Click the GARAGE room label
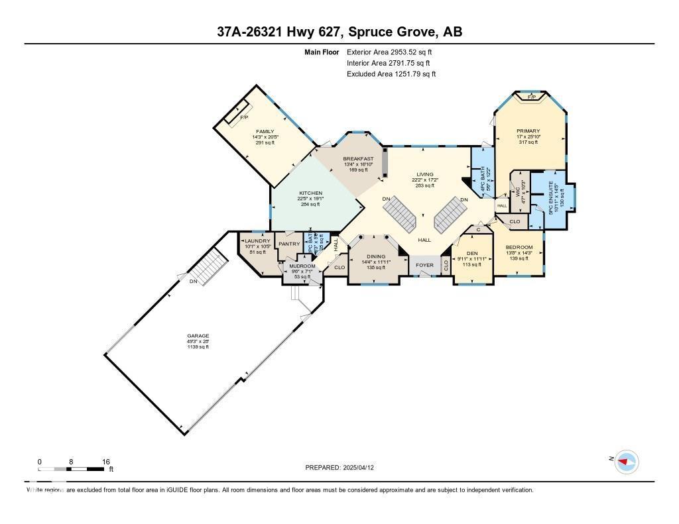[x=198, y=336]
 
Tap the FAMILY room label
[x=265, y=131]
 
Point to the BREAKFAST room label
[x=358, y=159]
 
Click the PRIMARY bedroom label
[x=528, y=131]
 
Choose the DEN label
[x=472, y=253]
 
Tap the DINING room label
[x=375, y=256]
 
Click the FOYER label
[x=424, y=266]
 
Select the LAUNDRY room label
[x=257, y=241]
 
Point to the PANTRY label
[x=289, y=244]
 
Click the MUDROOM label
[x=302, y=266]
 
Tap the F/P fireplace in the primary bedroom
[x=531, y=97]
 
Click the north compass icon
[x=625, y=461]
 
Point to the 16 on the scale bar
[x=105, y=461]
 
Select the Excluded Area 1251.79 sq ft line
[x=391, y=74]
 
